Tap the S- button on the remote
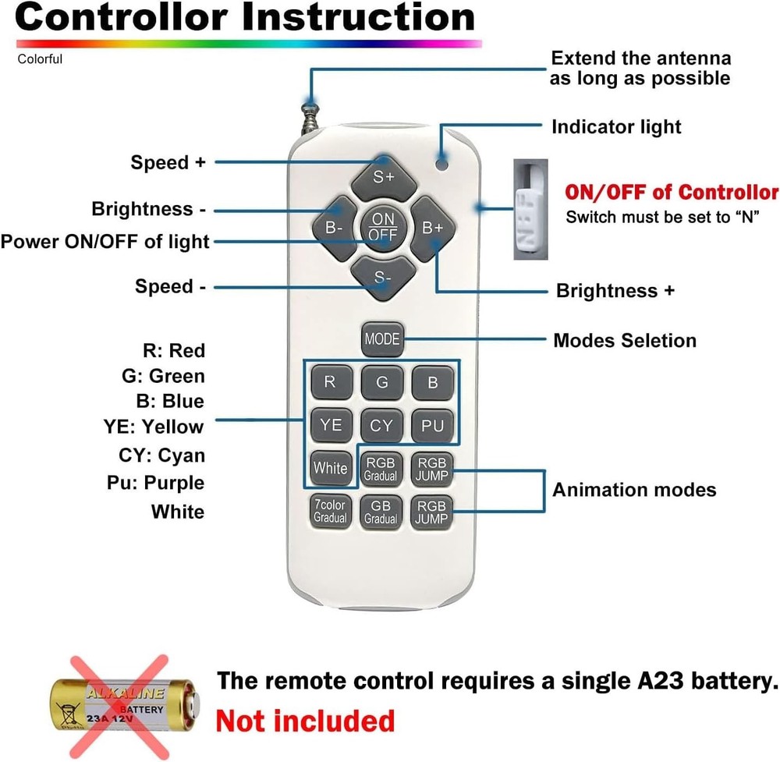(382, 278)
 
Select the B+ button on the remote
(432, 228)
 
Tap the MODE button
(382, 339)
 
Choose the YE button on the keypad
(331, 425)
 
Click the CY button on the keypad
(381, 425)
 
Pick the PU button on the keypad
(432, 425)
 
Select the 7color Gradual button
(330, 512)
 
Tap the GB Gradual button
(381, 512)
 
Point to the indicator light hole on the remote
(442, 164)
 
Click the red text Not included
(305, 720)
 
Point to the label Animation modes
(634, 490)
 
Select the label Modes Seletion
(624, 341)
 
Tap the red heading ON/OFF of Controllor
(671, 192)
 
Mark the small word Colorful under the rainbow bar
(40, 59)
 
